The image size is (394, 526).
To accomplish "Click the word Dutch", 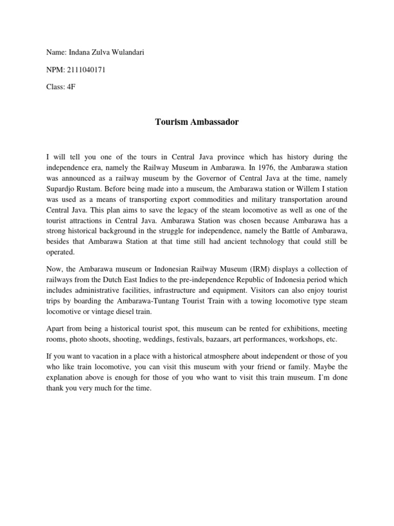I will click(136, 279).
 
